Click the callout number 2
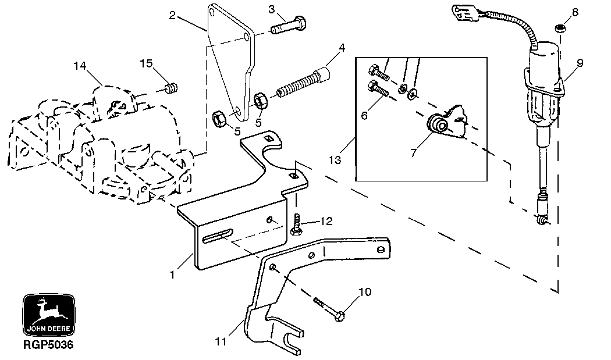pyautogui.click(x=172, y=16)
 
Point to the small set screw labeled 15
pyautogui.click(x=171, y=88)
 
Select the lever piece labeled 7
pyautogui.click(x=444, y=125)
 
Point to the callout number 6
pyautogui.click(x=365, y=115)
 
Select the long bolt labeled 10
pyautogui.click(x=329, y=308)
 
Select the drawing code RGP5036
pyautogui.click(x=48, y=344)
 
